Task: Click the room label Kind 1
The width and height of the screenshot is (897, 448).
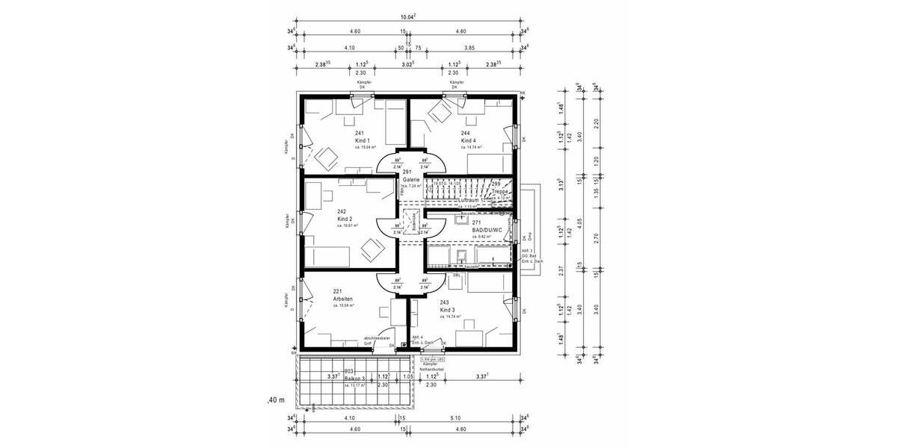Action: (363, 140)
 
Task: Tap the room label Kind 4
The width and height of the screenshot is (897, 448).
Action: (469, 140)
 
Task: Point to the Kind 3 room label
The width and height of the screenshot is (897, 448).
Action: (448, 309)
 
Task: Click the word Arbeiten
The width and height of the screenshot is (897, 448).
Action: (343, 299)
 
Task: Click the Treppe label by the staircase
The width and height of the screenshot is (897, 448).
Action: (500, 191)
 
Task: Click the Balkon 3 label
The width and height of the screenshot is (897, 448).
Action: (355, 379)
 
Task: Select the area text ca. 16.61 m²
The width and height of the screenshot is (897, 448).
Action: (348, 225)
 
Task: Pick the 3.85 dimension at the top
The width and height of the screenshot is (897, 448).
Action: (469, 47)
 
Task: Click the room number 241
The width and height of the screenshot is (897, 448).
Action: (360, 133)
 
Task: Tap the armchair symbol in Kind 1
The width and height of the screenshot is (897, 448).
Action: (327, 157)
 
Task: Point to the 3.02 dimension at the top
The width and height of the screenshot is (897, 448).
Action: (408, 64)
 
